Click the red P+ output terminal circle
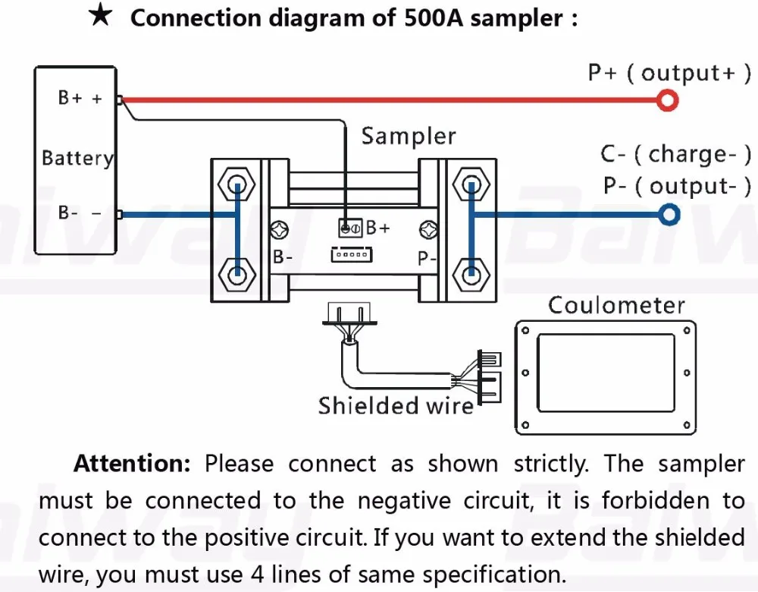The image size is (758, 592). pyautogui.click(x=667, y=99)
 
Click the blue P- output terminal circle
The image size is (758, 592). pyautogui.click(x=668, y=216)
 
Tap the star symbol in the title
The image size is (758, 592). pyautogui.click(x=101, y=17)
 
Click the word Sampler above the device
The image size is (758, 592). pyautogui.click(x=408, y=137)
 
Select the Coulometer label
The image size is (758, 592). pyautogui.click(x=616, y=305)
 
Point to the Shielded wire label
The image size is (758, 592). pyautogui.click(x=396, y=405)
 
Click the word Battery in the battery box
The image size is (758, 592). pyautogui.click(x=77, y=158)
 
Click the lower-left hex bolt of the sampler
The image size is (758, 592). pyautogui.click(x=236, y=271)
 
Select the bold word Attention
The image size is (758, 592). pyautogui.click(x=133, y=464)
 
